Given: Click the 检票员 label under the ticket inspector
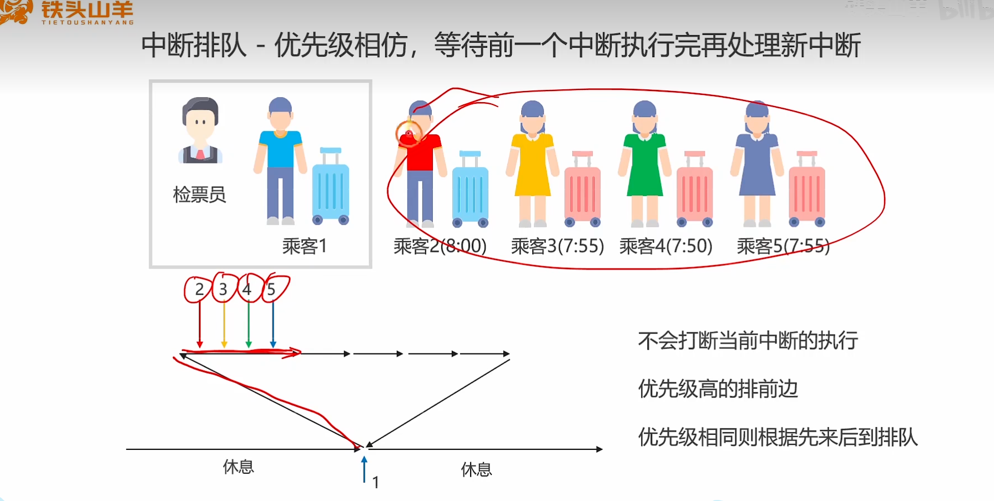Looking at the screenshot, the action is click(x=199, y=195).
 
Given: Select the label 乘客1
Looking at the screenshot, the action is click(x=305, y=245).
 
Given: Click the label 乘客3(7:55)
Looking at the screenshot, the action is click(x=557, y=246).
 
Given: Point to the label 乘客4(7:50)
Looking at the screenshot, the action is click(x=665, y=246).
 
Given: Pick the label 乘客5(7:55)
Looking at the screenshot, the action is click(x=783, y=246).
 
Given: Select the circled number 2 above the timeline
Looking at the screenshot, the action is click(x=199, y=289).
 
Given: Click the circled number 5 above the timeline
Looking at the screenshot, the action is click(x=271, y=289).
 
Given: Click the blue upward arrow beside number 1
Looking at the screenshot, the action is click(x=364, y=469).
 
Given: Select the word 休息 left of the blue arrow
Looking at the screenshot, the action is click(x=238, y=467).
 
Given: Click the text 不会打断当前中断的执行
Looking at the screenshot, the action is click(x=748, y=341).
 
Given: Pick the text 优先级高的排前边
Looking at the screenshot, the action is click(x=718, y=389).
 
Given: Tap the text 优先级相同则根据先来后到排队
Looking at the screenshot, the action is click(x=778, y=437).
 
